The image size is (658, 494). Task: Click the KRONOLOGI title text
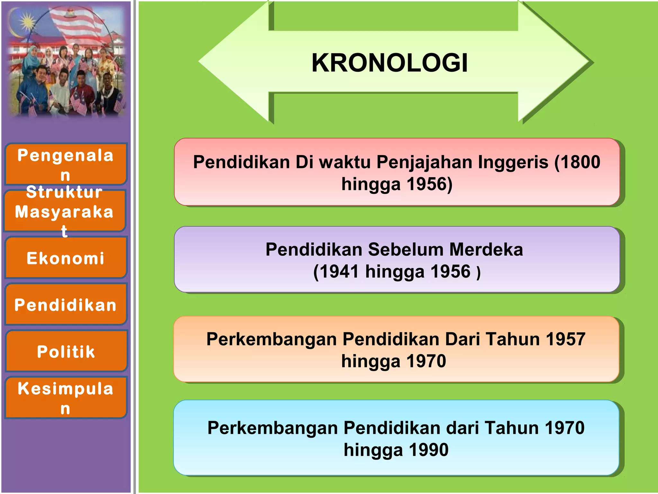tap(389, 63)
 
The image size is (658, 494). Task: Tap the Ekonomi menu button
tap(66, 258)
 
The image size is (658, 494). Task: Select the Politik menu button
tap(66, 351)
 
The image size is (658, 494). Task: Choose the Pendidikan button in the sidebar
tap(66, 305)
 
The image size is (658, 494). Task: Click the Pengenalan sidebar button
tap(66, 164)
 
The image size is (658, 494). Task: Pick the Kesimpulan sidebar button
tap(66, 398)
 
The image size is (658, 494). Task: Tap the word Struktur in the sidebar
tap(64, 192)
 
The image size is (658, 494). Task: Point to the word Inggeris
tap(513, 162)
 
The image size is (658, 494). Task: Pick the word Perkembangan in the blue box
tap(273, 428)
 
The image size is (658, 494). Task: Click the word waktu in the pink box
tap(345, 162)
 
